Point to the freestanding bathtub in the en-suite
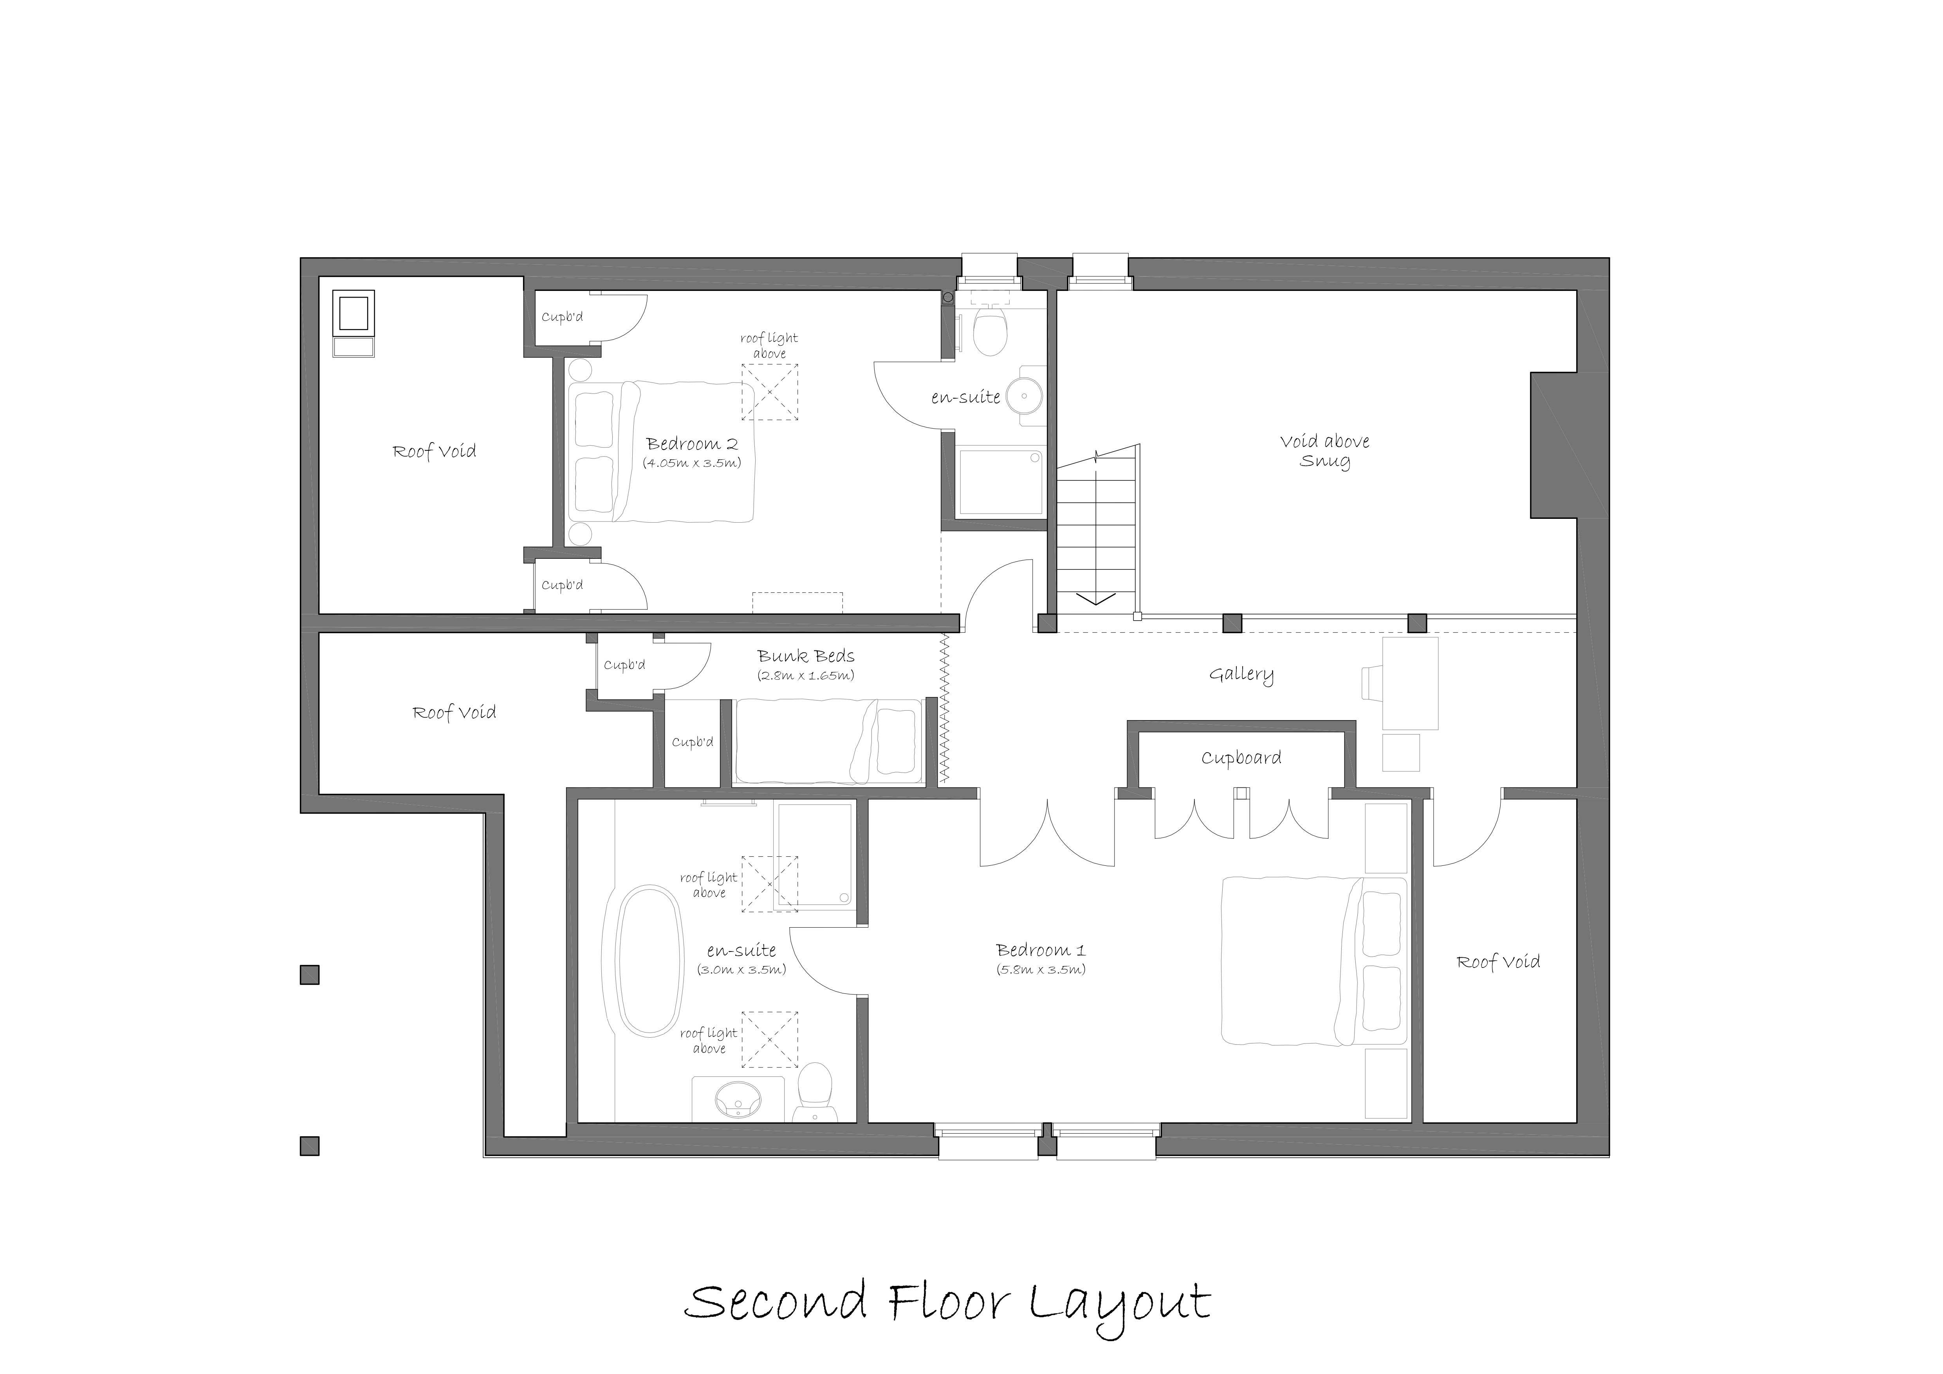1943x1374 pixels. point(649,961)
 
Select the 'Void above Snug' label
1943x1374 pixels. point(1324,450)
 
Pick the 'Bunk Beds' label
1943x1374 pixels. point(806,656)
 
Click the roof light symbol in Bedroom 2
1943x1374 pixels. point(769,392)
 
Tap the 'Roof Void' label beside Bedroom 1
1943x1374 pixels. point(1498,962)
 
